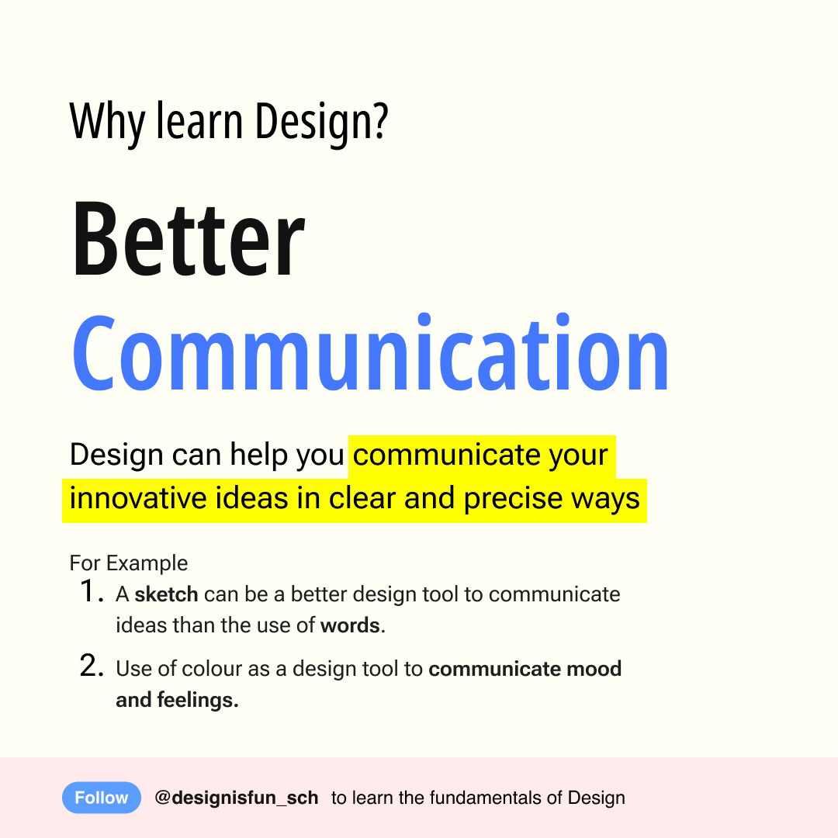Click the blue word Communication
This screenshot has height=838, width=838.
pyautogui.click(x=370, y=353)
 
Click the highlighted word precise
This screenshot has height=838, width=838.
pyautogui.click(x=513, y=500)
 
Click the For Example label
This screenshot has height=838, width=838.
pyautogui.click(x=129, y=563)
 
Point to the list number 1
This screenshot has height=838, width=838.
pyautogui.click(x=91, y=591)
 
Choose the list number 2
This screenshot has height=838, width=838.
pyautogui.click(x=92, y=666)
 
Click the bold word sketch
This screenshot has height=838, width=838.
pyautogui.click(x=166, y=594)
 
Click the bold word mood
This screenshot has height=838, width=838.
pyautogui.click(x=594, y=669)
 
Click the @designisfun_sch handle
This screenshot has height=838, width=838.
pyautogui.click(x=236, y=798)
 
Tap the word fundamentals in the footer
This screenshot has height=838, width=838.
pyautogui.click(x=485, y=798)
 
